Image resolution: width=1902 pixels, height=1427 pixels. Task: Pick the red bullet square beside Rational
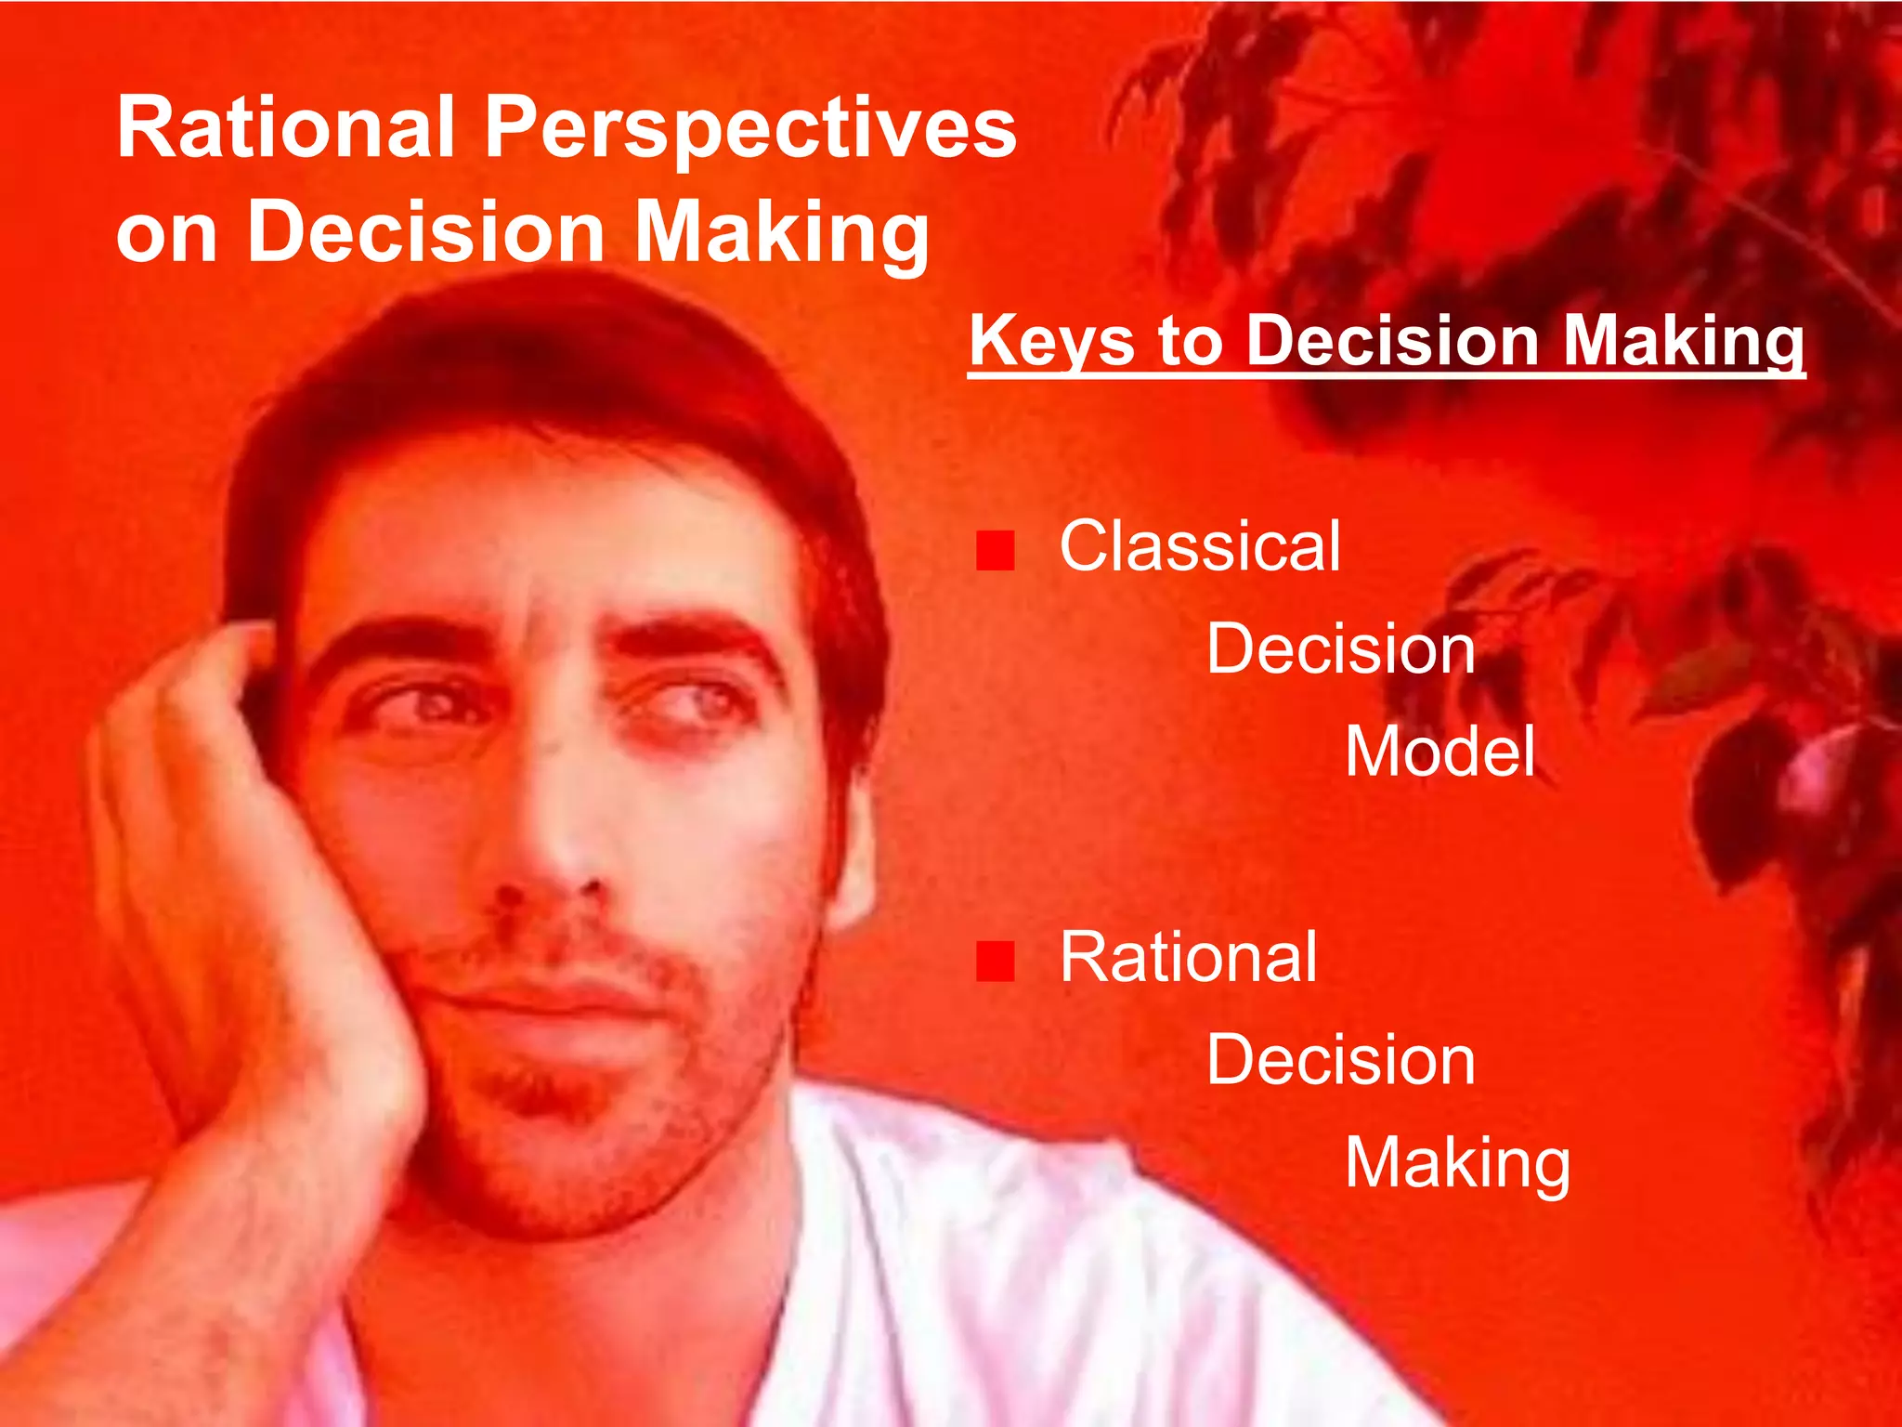[995, 961]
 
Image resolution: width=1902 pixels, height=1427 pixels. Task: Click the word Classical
[1200, 546]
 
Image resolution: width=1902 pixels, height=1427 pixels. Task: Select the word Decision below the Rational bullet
[1340, 1060]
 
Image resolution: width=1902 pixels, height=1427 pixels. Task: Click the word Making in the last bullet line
[1457, 1164]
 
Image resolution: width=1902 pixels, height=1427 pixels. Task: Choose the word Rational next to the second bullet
[1188, 958]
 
